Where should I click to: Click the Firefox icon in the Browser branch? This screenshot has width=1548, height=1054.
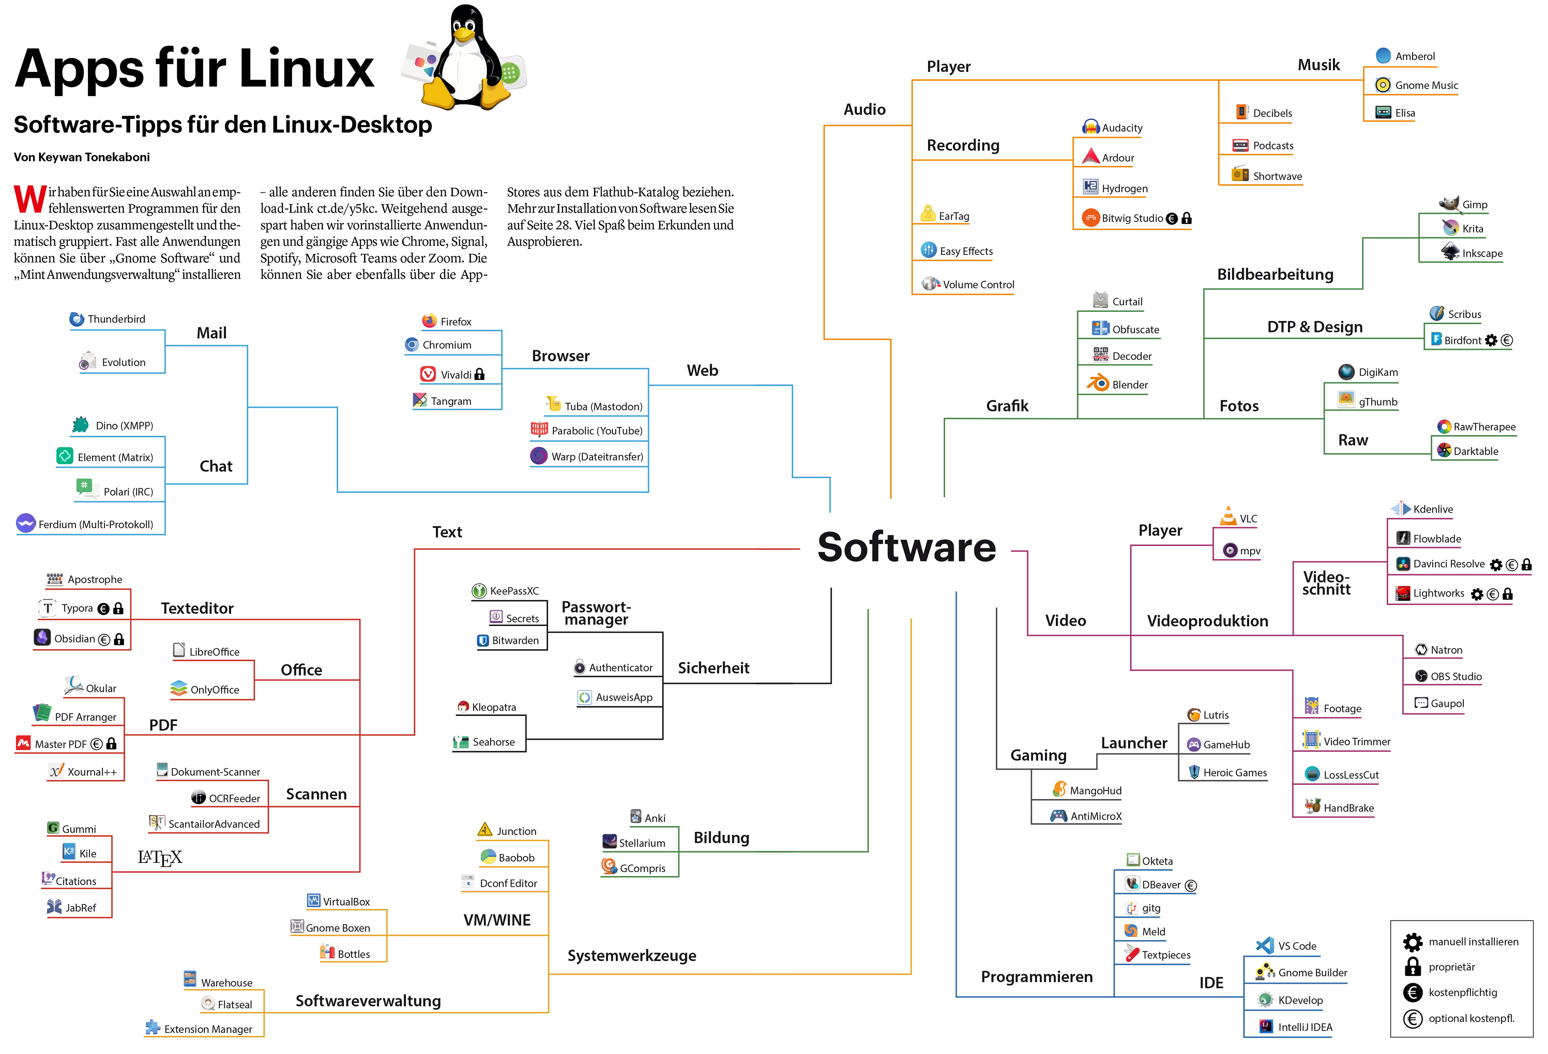(429, 321)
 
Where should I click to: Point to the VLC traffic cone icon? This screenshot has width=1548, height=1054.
(1228, 516)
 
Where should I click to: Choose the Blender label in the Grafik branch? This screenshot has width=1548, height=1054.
(1130, 385)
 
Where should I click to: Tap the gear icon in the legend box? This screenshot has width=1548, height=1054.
(1412, 941)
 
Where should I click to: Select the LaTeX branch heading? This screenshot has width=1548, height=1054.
(160, 857)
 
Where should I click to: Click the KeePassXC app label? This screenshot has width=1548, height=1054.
(514, 590)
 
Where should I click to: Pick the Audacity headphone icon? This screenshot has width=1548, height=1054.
(1091, 127)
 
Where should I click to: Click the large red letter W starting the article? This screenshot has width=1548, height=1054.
(30, 200)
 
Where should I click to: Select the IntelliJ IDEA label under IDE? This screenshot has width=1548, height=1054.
(1305, 1027)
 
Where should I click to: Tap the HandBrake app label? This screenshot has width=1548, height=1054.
(1348, 808)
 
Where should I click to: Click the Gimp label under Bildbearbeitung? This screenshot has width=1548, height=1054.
(1475, 204)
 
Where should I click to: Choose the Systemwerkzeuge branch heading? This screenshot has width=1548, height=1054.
(632, 955)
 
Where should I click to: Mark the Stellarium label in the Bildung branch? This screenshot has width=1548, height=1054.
(642, 843)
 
